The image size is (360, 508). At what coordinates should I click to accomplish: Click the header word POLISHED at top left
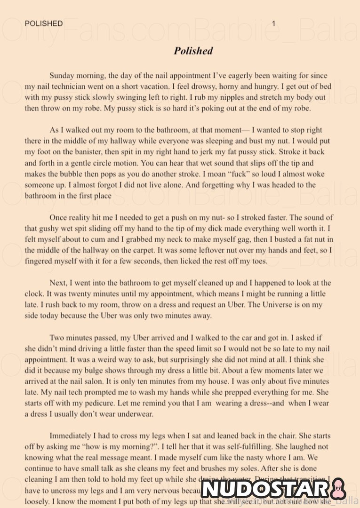(44, 24)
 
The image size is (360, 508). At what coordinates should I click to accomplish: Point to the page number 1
(274, 24)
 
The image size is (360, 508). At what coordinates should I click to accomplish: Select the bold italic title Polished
(193, 51)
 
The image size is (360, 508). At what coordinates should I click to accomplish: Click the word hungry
(266, 87)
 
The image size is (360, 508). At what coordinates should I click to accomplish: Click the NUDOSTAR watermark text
(266, 489)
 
